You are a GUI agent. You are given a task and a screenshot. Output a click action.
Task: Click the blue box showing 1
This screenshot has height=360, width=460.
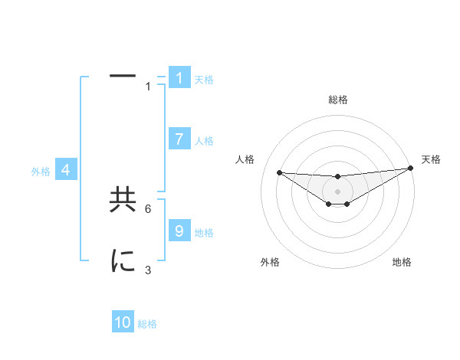click(179, 78)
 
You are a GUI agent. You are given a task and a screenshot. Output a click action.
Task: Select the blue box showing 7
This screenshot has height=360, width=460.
click(179, 139)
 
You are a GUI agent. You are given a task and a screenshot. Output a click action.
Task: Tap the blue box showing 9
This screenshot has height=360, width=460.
click(179, 231)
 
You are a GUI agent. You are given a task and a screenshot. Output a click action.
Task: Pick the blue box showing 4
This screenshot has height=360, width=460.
click(66, 170)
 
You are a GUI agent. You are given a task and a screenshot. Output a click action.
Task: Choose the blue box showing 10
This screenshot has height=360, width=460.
click(123, 322)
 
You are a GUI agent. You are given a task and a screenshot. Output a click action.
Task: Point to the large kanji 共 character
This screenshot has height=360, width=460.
click(123, 200)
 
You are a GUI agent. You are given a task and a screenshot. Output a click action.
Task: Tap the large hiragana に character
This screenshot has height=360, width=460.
click(123, 261)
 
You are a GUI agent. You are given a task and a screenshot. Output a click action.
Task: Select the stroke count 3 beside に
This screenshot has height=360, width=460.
click(148, 270)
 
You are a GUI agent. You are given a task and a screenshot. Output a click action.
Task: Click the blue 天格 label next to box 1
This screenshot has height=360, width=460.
click(204, 80)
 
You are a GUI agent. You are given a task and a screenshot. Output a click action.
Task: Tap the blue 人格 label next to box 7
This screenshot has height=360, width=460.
click(204, 141)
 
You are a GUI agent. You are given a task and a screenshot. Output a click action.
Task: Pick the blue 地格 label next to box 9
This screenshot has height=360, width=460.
click(204, 233)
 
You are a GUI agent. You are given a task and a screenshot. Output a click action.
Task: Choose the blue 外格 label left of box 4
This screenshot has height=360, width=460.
click(41, 172)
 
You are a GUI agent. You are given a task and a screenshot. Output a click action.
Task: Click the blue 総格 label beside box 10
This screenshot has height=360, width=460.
click(147, 324)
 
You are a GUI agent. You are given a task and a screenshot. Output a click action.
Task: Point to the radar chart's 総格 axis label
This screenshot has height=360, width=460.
click(338, 100)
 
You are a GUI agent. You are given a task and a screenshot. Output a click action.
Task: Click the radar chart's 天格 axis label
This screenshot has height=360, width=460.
click(431, 159)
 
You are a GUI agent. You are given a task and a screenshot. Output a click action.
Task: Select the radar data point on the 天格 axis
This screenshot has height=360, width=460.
click(411, 169)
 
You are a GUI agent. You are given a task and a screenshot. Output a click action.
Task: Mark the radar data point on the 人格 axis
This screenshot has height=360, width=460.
click(279, 172)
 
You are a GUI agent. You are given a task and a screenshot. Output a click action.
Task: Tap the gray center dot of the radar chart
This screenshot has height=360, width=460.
click(337, 191)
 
